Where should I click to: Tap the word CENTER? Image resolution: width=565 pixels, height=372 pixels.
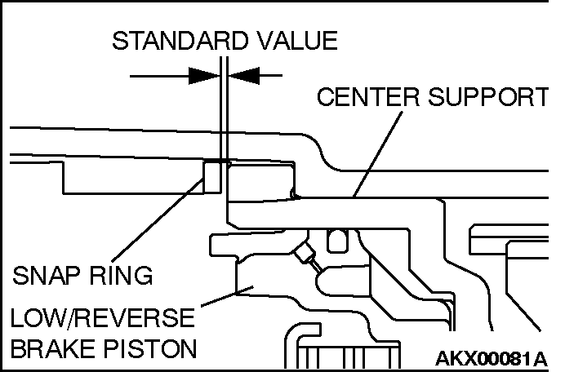coord(368,96)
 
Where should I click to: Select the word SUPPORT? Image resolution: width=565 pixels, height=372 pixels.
coord(488,96)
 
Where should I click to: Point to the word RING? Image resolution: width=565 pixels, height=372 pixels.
coord(121,276)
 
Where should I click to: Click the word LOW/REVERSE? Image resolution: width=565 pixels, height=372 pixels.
coord(103,317)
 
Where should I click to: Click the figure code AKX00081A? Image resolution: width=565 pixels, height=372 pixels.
coord(492,359)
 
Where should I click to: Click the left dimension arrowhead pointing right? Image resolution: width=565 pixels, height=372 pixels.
coord(204,76)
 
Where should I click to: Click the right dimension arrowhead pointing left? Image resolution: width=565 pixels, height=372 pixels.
coord(244,76)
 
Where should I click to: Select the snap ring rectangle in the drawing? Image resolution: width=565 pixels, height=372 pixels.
coord(212,177)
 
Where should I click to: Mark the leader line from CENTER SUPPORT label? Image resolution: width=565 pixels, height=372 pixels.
coord(378,153)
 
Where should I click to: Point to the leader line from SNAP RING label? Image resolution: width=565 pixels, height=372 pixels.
coord(158,220)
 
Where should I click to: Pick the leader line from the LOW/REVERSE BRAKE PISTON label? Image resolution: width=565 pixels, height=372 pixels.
coord(227,297)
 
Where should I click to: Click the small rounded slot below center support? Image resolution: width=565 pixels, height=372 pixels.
coord(337,241)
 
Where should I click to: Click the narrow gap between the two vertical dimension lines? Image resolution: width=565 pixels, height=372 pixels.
coord(224,108)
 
